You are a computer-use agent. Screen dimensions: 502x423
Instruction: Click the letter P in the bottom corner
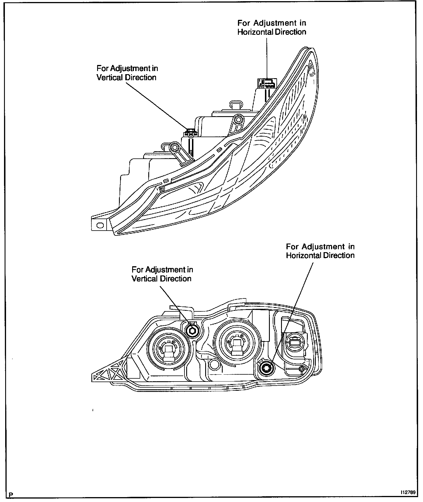(x=11, y=495)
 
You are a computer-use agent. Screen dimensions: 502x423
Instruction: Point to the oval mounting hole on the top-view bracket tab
(x=100, y=225)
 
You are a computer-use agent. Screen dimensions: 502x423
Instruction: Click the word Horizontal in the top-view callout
(x=255, y=32)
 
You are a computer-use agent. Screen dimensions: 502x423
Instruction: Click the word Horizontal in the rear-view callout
(x=303, y=255)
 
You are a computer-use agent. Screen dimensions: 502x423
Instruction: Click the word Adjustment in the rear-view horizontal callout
(x=324, y=247)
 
